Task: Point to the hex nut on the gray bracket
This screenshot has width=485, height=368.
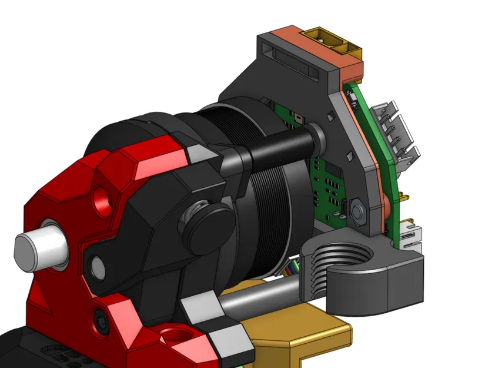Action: coord(357,210)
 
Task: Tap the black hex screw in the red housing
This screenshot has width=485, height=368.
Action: coord(100,320)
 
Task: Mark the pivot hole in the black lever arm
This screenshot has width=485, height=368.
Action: coord(97,268)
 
